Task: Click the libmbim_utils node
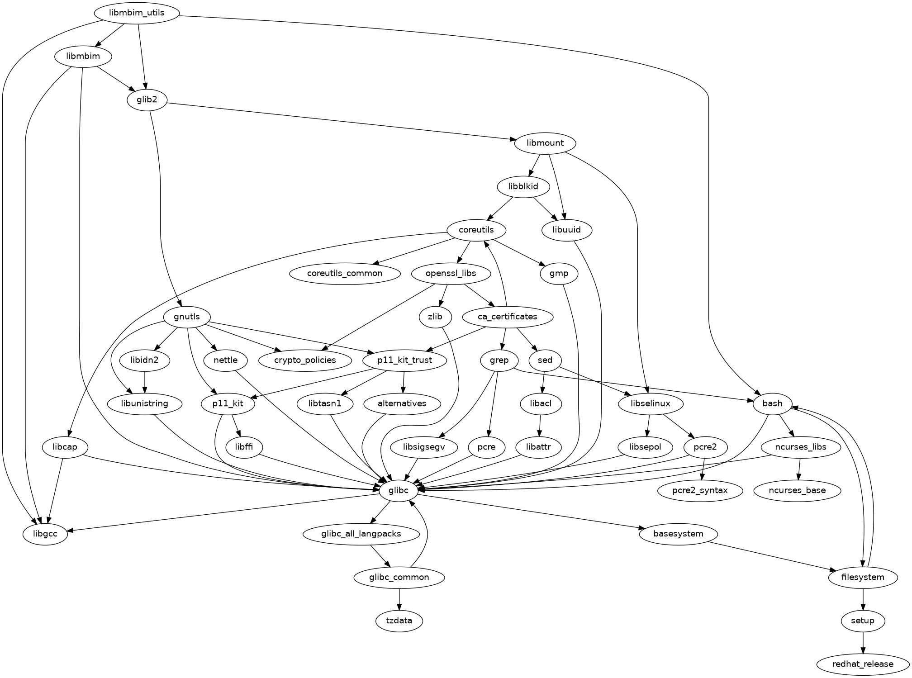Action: [137, 13]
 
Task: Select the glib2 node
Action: [147, 100]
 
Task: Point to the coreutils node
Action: [476, 230]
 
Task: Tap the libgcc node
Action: [45, 534]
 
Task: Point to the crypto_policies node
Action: [305, 360]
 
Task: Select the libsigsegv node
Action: [424, 447]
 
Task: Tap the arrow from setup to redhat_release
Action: [863, 642]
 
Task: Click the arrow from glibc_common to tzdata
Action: [399, 599]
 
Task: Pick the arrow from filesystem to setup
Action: [863, 599]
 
